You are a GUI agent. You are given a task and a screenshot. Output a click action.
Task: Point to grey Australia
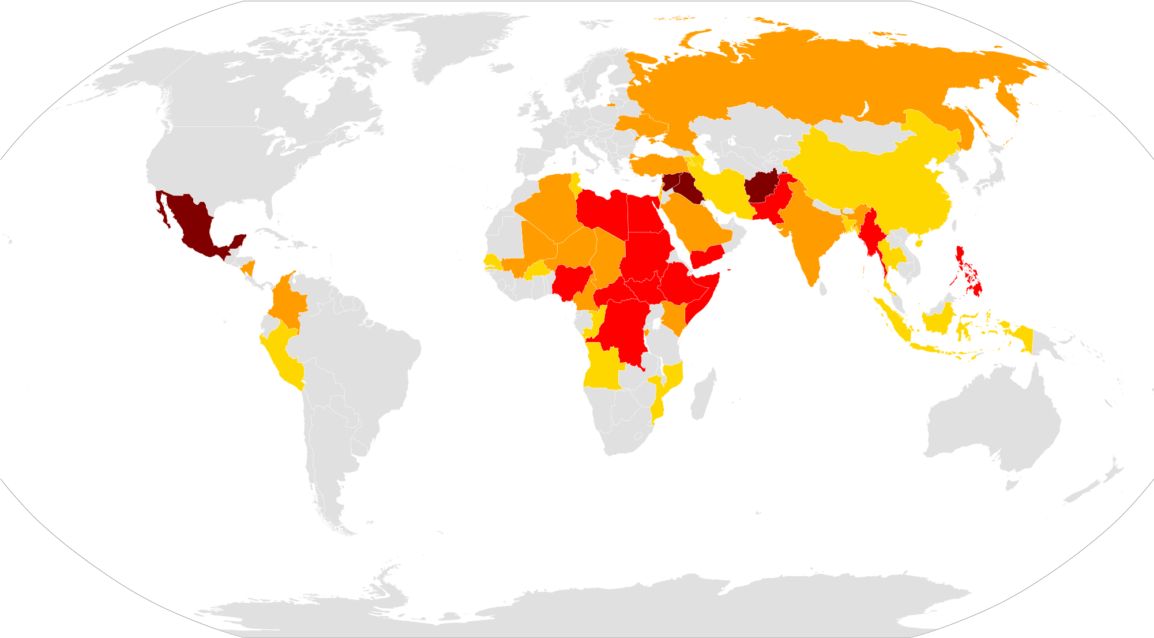[992, 421]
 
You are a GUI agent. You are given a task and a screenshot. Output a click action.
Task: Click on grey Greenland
[456, 46]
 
